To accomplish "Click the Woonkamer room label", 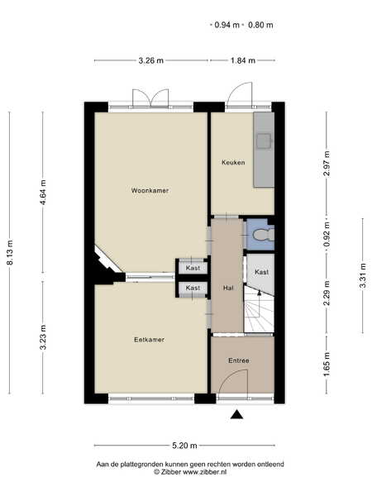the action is (x=150, y=190).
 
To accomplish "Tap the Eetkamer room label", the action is (x=149, y=340).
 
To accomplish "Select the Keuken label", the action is (x=233, y=163).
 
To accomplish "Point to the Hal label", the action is (x=228, y=288).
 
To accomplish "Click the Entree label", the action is (x=239, y=360).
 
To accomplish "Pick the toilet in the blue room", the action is (x=263, y=235).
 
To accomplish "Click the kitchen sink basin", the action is (x=264, y=141).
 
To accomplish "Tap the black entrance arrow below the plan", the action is (x=236, y=414).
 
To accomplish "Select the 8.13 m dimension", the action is (x=10, y=252).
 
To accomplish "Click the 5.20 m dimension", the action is (x=184, y=446).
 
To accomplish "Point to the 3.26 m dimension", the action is (x=151, y=60).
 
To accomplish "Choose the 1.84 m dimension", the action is (x=242, y=60).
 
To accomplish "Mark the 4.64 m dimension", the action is (x=43, y=193).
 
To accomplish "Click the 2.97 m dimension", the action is (x=327, y=164).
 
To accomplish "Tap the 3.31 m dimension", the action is (x=363, y=275).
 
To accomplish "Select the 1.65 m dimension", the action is (x=327, y=365).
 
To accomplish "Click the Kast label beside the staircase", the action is (x=261, y=272).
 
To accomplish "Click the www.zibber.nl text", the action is (x=205, y=472).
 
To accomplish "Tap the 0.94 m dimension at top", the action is (x=227, y=25).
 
